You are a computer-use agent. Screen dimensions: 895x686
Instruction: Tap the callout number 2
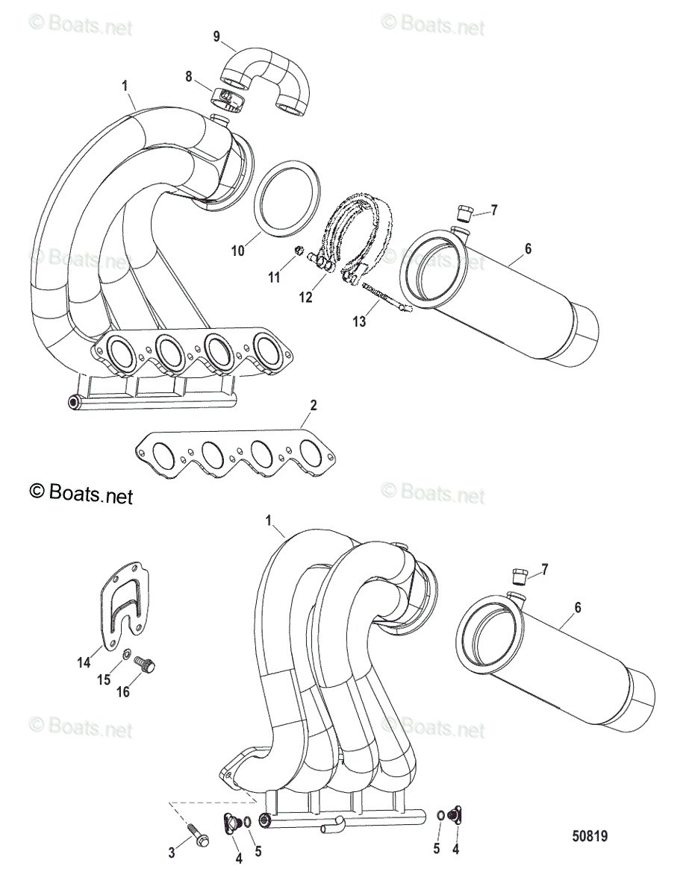[x=314, y=405]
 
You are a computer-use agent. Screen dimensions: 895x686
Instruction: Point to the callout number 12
[x=306, y=298]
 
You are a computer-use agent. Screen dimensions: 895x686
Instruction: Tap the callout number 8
[x=189, y=75]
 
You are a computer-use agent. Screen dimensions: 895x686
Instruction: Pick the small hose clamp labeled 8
[x=225, y=98]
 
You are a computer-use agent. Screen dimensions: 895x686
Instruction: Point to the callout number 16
[x=122, y=691]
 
